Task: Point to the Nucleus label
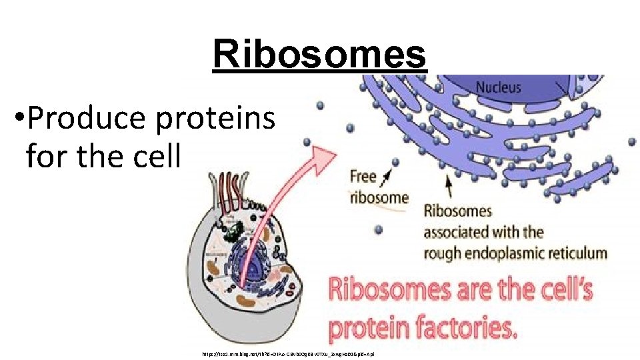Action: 499,87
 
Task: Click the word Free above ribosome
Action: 363,177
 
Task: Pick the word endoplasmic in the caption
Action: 505,253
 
